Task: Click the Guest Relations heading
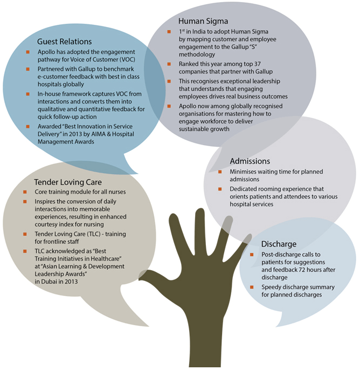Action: pyautogui.click(x=64, y=42)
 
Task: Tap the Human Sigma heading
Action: pyautogui.click(x=203, y=21)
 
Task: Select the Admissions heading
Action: pyautogui.click(x=250, y=161)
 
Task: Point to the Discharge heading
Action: pyautogui.click(x=279, y=244)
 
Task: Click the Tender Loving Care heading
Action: pyautogui.click(x=68, y=182)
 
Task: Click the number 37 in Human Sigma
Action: pyautogui.click(x=257, y=64)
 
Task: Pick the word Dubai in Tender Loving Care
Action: pyautogui.click(x=49, y=282)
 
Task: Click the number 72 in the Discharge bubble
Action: pyautogui.click(x=302, y=270)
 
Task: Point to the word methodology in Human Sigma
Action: pyautogui.click(x=197, y=55)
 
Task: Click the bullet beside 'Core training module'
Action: pyautogui.click(x=25, y=192)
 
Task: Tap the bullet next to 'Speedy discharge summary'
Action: pyautogui.click(x=252, y=287)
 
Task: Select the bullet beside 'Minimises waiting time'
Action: pyautogui.click(x=220, y=172)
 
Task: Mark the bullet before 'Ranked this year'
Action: pyautogui.click(x=169, y=64)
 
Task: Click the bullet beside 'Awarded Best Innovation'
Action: pyautogui.click(x=28, y=126)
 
